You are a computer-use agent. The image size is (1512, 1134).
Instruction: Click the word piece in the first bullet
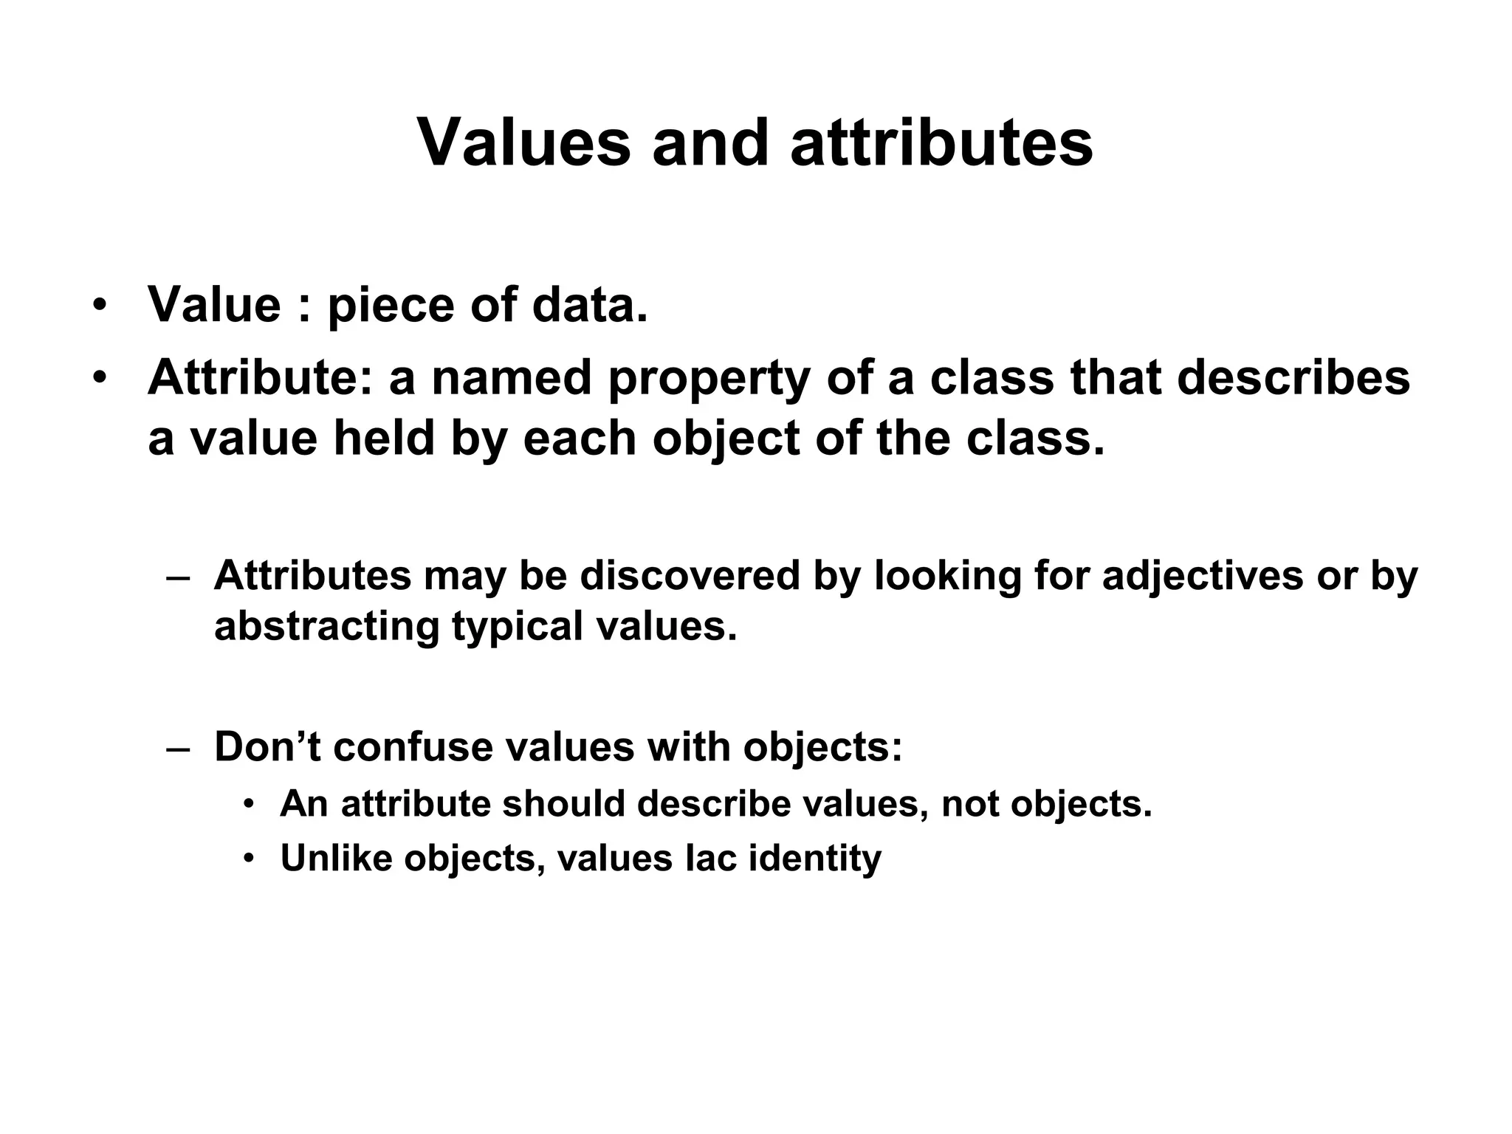click(389, 305)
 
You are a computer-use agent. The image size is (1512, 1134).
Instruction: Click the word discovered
click(690, 575)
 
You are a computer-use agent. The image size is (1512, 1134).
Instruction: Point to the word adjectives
click(1203, 577)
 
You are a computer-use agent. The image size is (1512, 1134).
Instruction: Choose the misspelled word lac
click(711, 858)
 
